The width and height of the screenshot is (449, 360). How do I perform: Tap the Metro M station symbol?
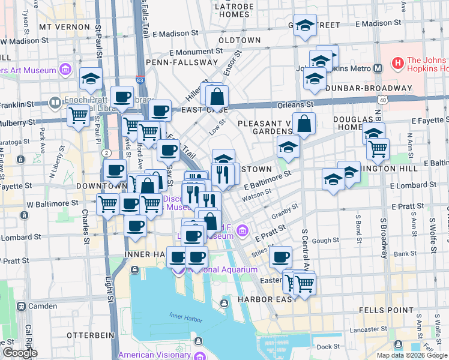pos(378,68)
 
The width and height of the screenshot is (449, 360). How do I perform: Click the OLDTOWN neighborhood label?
pos(240,40)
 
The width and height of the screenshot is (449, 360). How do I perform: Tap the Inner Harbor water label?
pos(183,316)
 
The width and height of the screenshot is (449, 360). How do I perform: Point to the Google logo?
pos(20,353)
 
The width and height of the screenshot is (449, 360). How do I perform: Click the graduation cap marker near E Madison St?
pos(306,26)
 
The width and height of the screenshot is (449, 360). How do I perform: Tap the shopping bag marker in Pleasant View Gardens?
pos(305,124)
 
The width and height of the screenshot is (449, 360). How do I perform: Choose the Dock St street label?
pos(328,347)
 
